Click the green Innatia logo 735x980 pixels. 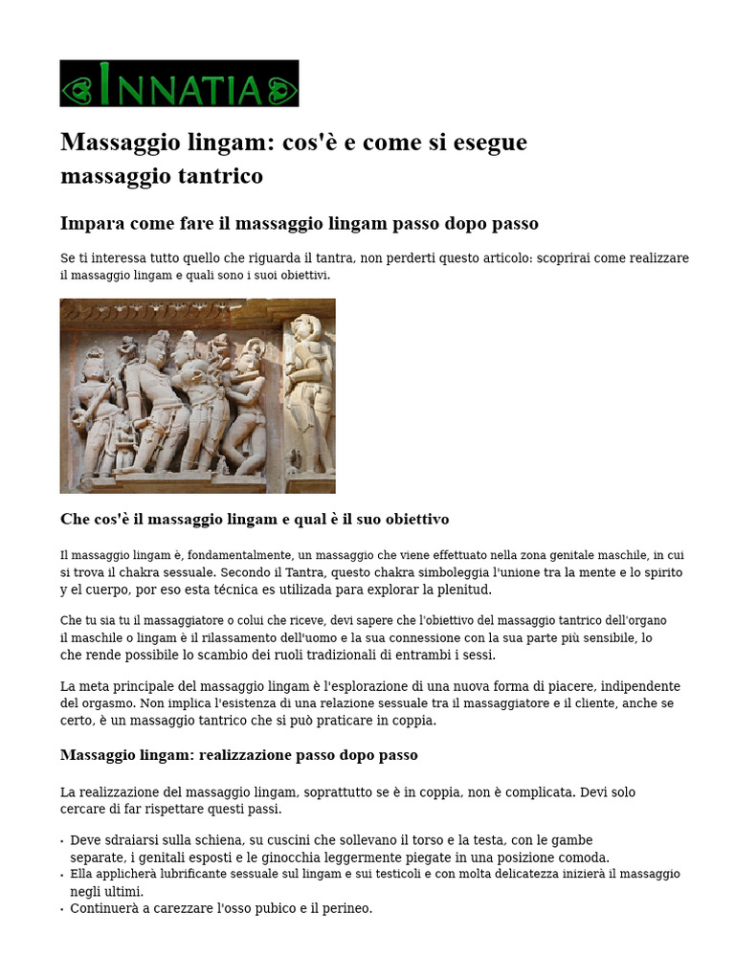[179, 83]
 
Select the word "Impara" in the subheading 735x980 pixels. [92, 223]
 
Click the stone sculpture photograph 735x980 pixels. [197, 395]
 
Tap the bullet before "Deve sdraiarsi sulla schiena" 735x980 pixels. [62, 841]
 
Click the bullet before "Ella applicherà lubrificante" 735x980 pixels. [62, 875]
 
